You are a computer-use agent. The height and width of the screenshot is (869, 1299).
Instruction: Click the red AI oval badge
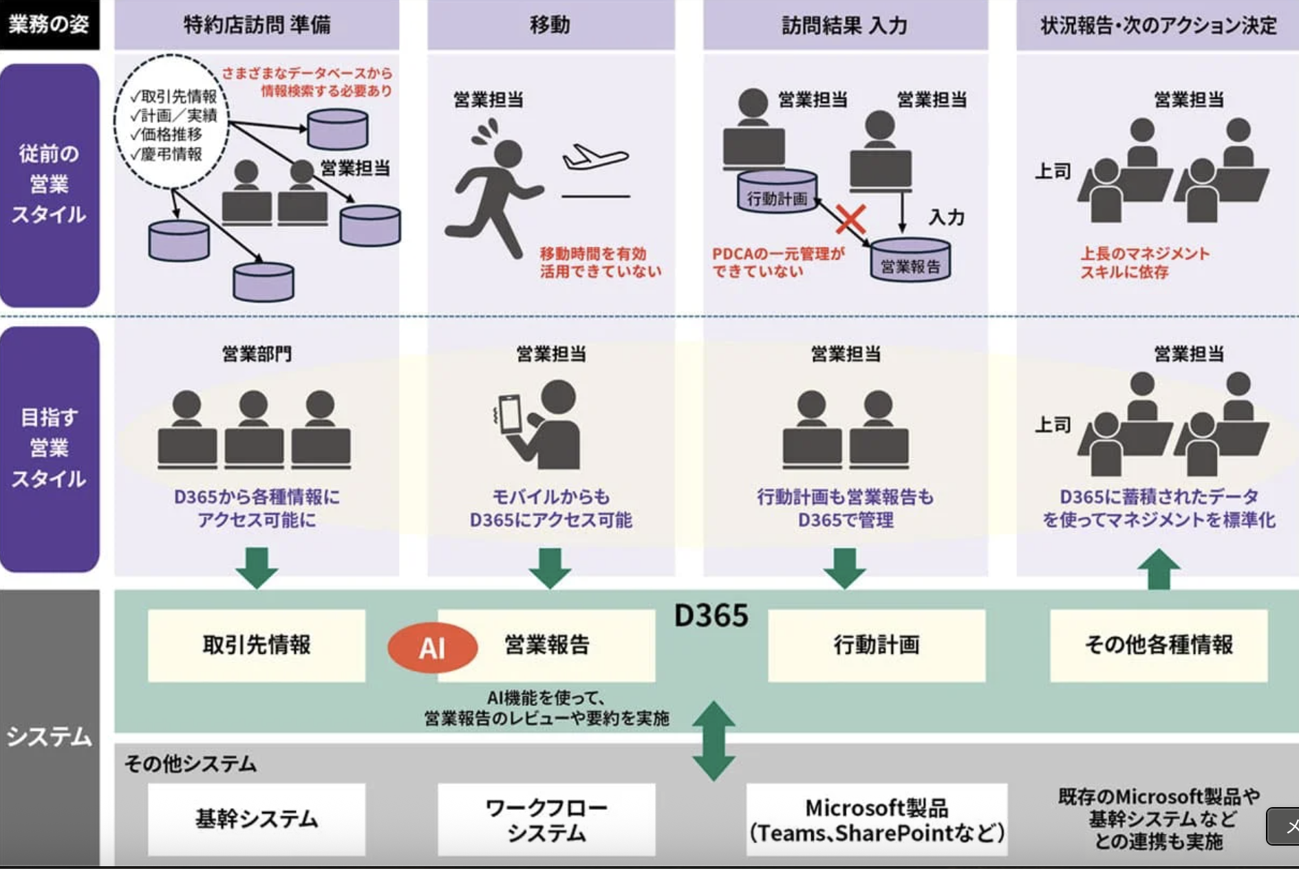pyautogui.click(x=432, y=647)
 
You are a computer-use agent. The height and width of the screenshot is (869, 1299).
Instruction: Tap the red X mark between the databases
pyautogui.click(x=850, y=219)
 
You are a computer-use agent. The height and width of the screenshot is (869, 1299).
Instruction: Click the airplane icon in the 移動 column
pyautogui.click(x=595, y=157)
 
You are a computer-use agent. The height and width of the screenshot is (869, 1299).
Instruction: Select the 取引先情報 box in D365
pyautogui.click(x=256, y=645)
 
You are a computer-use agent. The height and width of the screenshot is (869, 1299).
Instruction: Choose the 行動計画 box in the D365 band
pyautogui.click(x=876, y=645)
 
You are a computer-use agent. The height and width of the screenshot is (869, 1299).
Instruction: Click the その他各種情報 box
pyautogui.click(x=1159, y=645)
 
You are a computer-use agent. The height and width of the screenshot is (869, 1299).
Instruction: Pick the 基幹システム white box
pyautogui.click(x=256, y=819)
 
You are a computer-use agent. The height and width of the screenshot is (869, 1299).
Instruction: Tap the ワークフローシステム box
pyautogui.click(x=546, y=819)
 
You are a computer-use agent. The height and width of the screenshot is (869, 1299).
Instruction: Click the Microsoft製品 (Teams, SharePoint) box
pyautogui.click(x=877, y=819)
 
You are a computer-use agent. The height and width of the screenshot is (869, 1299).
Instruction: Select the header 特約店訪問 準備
pyautogui.click(x=257, y=25)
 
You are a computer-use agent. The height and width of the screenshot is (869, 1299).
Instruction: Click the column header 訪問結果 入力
pyautogui.click(x=845, y=25)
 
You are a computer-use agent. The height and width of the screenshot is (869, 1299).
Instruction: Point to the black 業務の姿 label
pyautogui.click(x=49, y=25)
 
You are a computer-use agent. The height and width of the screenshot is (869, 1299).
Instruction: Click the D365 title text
pyautogui.click(x=711, y=616)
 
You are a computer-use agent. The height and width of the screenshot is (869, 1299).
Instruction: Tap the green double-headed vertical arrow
pyautogui.click(x=713, y=740)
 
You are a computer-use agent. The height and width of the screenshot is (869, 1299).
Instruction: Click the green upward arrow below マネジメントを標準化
pyautogui.click(x=1159, y=569)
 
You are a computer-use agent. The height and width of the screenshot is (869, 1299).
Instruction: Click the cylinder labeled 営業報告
pyautogui.click(x=910, y=261)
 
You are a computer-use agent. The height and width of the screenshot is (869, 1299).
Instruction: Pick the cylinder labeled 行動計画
pyautogui.click(x=777, y=191)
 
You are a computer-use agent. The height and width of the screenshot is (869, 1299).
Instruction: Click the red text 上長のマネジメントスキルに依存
pyautogui.click(x=1144, y=263)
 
